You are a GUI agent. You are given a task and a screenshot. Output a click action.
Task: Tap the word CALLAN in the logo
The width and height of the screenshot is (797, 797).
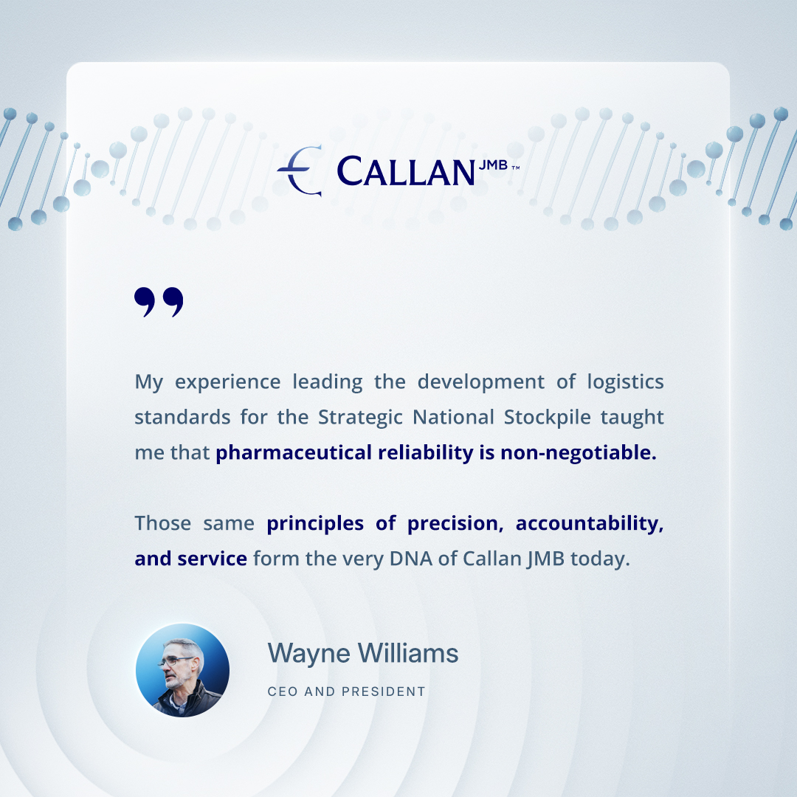click(x=405, y=171)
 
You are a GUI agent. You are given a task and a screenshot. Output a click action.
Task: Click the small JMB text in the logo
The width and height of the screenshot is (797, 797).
click(x=493, y=165)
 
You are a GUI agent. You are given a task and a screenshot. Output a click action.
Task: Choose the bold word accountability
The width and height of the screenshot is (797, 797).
click(x=589, y=523)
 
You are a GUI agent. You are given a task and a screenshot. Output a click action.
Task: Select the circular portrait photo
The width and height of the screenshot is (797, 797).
click(x=182, y=670)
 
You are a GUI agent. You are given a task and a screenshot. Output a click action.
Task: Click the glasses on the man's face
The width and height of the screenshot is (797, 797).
click(x=176, y=658)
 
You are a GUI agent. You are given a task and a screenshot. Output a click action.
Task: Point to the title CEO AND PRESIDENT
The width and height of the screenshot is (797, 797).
click(x=346, y=692)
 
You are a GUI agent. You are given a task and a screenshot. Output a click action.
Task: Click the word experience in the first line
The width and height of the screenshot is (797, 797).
click(x=227, y=382)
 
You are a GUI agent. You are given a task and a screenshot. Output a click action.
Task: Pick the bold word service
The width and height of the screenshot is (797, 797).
click(x=212, y=559)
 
